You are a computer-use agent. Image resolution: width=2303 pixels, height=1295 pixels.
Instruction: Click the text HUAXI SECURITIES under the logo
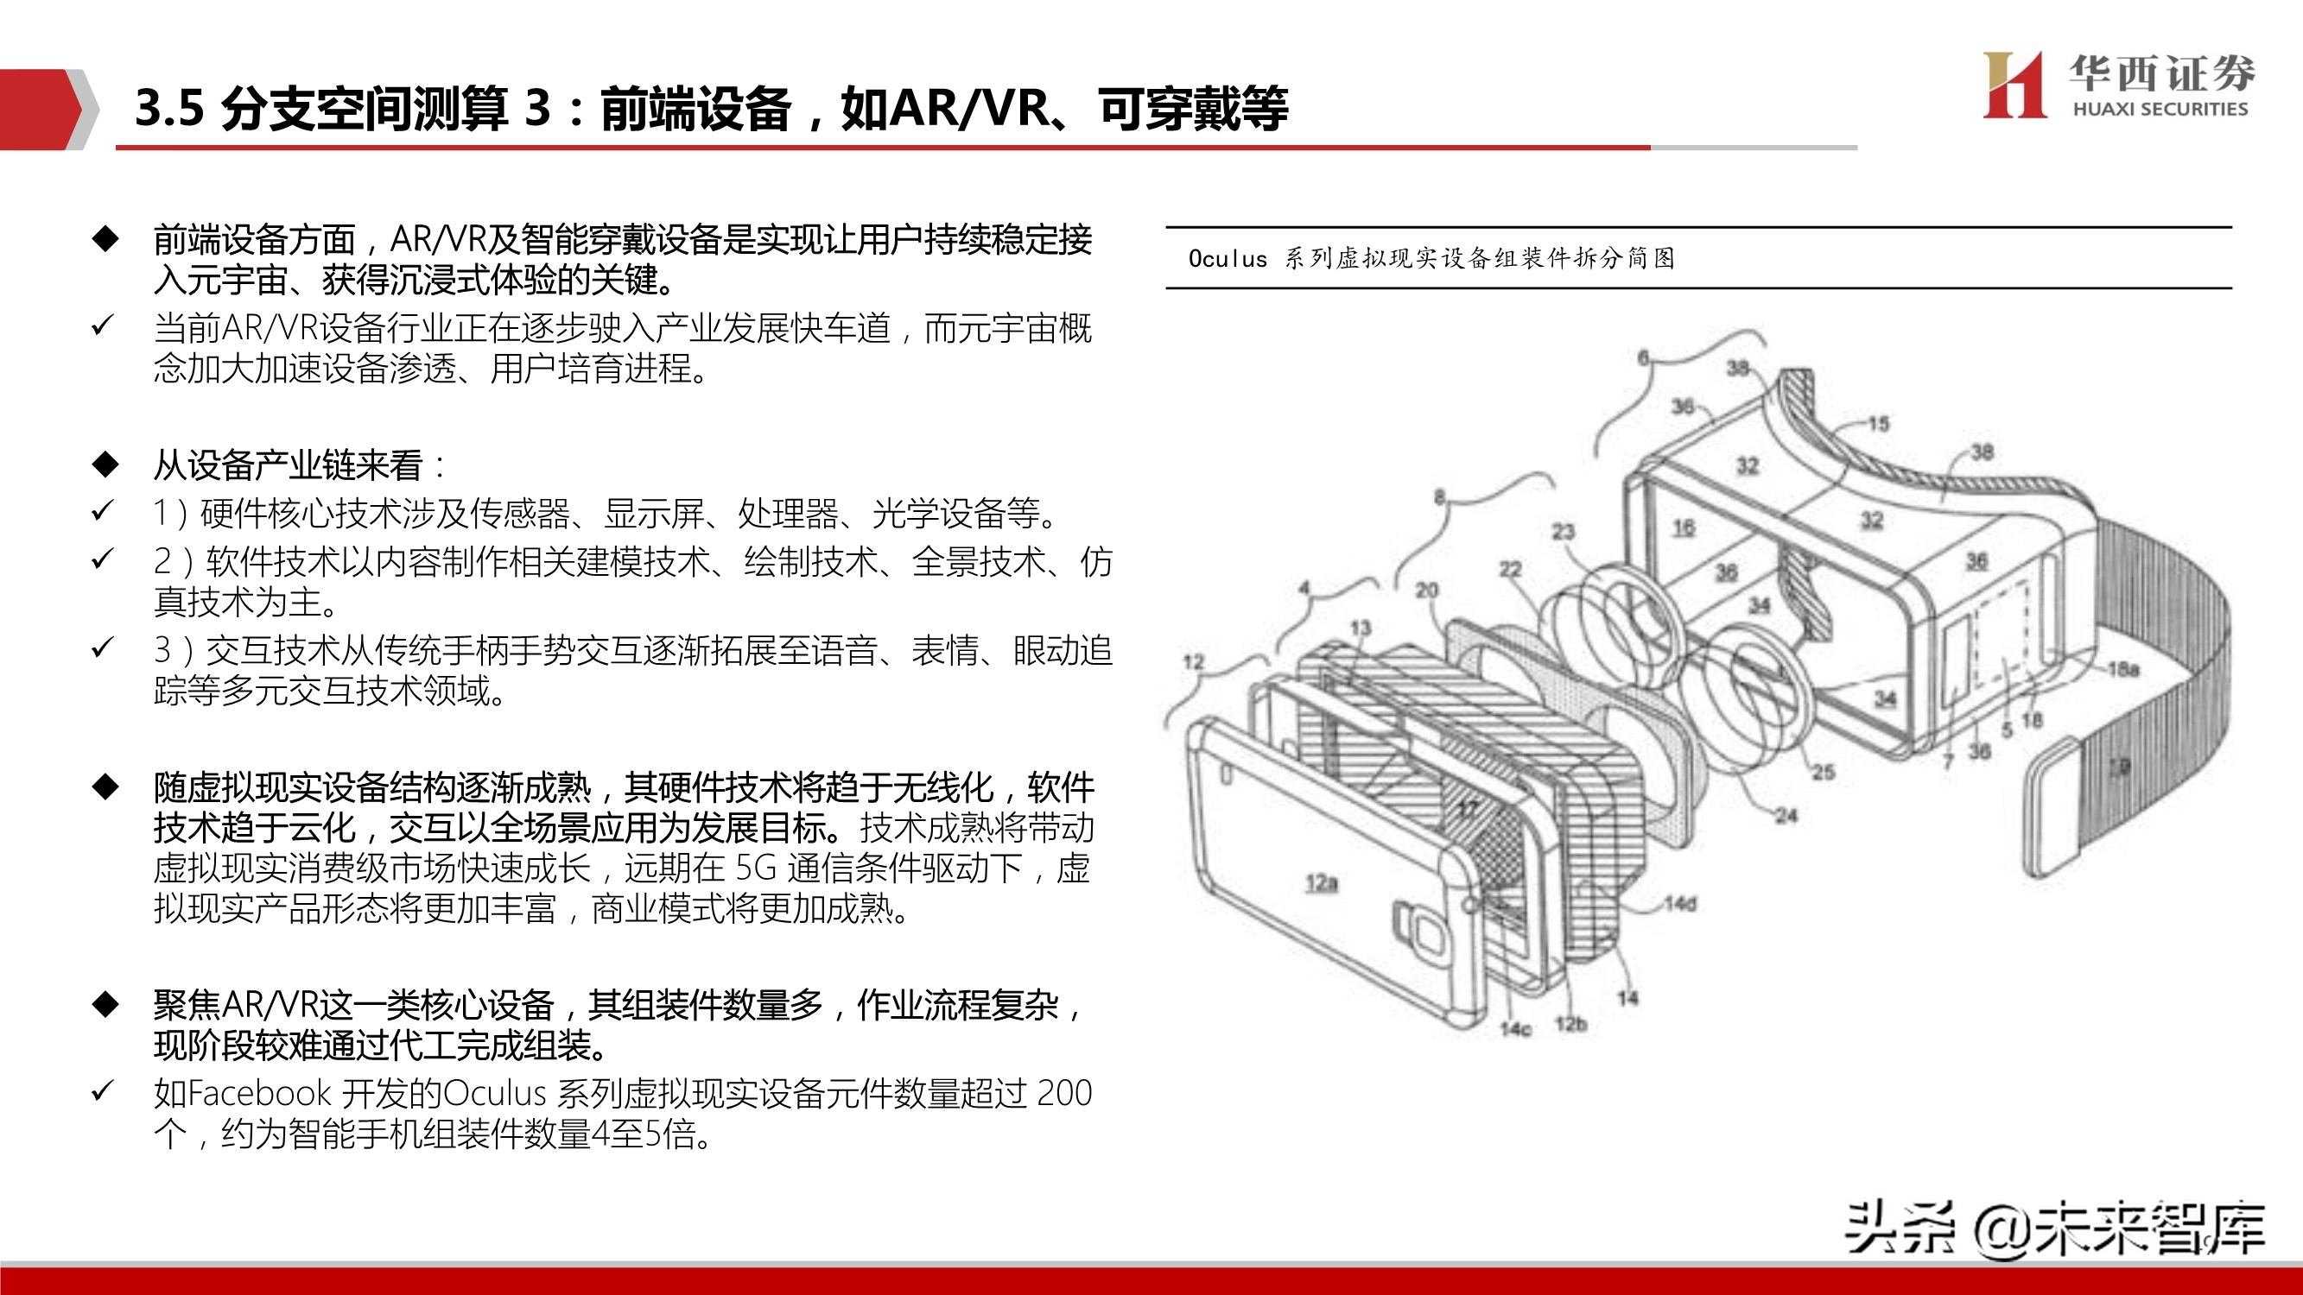point(2159,109)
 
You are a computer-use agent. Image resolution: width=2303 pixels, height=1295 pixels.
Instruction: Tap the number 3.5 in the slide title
point(170,109)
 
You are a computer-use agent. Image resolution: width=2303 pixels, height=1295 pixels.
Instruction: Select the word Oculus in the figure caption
point(1227,259)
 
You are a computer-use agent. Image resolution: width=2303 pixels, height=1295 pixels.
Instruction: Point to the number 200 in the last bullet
point(1064,1093)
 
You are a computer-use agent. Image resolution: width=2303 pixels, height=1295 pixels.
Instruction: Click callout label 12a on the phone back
point(1322,883)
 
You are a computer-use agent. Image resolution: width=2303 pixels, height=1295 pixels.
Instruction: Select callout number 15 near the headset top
point(1878,424)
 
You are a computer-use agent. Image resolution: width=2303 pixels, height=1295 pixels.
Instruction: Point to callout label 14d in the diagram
point(1680,904)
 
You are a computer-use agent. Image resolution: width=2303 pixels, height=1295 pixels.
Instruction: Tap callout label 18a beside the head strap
point(2123,668)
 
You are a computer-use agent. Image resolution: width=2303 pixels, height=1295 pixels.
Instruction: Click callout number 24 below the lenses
point(1786,815)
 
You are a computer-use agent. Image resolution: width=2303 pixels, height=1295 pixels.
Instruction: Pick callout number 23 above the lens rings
point(1563,532)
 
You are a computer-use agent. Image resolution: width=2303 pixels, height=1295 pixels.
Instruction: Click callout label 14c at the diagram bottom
point(1515,1029)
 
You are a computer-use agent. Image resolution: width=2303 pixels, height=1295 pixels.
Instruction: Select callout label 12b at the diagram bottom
point(1570,1023)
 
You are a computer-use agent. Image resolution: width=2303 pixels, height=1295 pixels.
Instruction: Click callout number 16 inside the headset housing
point(1684,527)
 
